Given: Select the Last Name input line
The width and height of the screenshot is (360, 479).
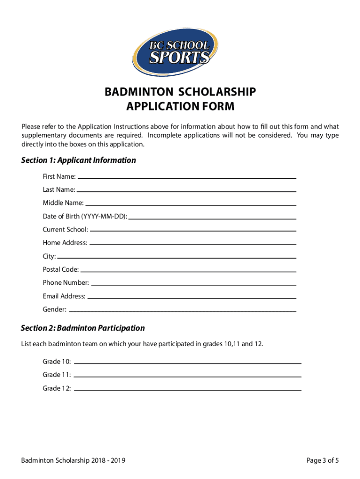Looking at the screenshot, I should tap(186, 190).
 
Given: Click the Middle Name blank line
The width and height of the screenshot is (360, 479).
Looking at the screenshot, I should tap(191, 204).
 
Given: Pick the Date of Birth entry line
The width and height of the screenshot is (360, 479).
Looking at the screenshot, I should tap(212, 218).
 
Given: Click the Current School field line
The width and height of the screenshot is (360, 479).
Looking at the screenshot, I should tap(193, 230).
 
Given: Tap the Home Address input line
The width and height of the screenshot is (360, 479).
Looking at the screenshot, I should tap(192, 243).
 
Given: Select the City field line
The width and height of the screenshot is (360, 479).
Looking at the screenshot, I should tap(177, 257).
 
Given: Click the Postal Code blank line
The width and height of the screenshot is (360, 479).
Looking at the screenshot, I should tap(188, 270).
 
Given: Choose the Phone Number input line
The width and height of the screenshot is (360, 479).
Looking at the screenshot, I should tap(193, 283).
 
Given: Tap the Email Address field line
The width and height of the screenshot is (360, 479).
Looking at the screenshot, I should tap(192, 297).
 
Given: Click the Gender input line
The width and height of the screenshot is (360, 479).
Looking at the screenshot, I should tap(182, 310).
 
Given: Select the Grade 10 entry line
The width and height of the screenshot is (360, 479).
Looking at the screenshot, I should tap(187, 363).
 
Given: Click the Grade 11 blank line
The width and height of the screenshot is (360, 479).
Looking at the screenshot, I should tap(187, 376).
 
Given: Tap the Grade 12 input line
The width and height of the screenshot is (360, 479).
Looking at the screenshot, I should tap(187, 389).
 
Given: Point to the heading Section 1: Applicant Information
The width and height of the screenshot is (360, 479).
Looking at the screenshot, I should tap(79, 160).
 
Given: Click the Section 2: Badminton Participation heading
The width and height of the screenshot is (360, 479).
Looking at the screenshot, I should tap(83, 328).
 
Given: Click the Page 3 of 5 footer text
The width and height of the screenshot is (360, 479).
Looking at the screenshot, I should tap(323, 461).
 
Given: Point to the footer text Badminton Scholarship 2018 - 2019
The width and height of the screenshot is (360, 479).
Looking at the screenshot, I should tap(73, 461).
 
